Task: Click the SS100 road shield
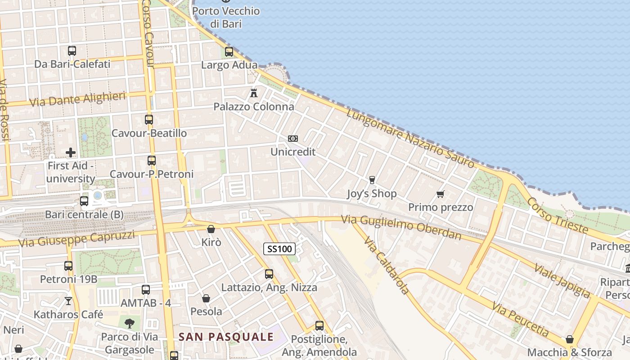pyautogui.click(x=279, y=248)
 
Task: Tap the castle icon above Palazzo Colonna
pyautogui.click(x=254, y=93)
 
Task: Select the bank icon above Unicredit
pyautogui.click(x=293, y=139)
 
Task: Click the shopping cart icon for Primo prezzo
pyautogui.click(x=440, y=194)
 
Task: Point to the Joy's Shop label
pyautogui.click(x=372, y=194)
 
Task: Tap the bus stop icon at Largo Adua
pyautogui.click(x=229, y=52)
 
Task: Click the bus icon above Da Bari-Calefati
pyautogui.click(x=72, y=51)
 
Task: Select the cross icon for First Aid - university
pyautogui.click(x=71, y=153)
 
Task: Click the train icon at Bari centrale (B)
pyautogui.click(x=84, y=201)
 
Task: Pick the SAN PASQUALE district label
pyautogui.click(x=226, y=337)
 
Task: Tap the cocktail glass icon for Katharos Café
pyautogui.click(x=68, y=301)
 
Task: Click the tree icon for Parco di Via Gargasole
pyautogui.click(x=130, y=323)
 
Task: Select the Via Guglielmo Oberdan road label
pyautogui.click(x=401, y=227)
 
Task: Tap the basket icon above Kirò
pyautogui.click(x=211, y=229)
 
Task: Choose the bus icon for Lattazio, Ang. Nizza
pyautogui.click(x=269, y=274)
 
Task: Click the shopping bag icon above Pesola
pyautogui.click(x=206, y=298)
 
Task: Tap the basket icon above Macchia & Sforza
pyautogui.click(x=570, y=339)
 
